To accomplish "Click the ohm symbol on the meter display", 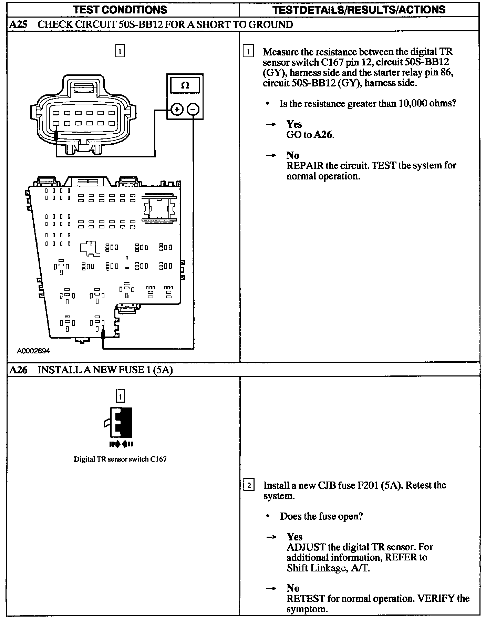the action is pos(185,85).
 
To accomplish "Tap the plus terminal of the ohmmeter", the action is pos(177,110).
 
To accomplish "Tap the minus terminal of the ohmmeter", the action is pos(193,110).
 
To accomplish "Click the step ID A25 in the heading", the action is pos(18,24).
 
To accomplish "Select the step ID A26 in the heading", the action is pos(18,370).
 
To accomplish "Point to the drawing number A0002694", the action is pos(34,351).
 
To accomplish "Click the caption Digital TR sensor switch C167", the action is pos(120,459).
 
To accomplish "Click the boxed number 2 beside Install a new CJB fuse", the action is pos(248,485).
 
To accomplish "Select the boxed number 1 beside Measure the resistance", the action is pos(248,52).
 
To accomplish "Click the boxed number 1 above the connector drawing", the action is pos(120,51).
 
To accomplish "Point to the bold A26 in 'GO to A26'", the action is pos(323,135).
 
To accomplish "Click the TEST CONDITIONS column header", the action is pos(120,9).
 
